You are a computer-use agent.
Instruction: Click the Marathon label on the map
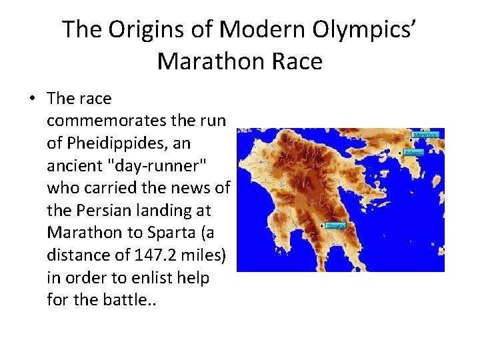coord(426,134)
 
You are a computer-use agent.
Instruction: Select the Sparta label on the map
coord(336,226)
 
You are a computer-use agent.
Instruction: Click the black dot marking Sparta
coord(322,226)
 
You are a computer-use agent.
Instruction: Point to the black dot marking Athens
coord(400,153)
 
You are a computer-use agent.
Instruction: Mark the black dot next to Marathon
coord(411,135)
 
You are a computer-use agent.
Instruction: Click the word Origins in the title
coord(139,30)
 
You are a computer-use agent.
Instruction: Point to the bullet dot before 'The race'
coord(32,99)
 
